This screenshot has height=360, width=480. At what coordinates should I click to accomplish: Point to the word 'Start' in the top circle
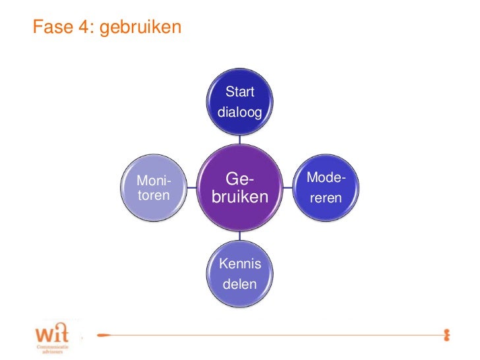240,92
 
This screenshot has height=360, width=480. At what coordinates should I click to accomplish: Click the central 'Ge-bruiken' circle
240,187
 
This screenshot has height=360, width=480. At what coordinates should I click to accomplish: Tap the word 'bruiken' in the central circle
240,197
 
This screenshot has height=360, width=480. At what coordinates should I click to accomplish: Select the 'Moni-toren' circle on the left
153,187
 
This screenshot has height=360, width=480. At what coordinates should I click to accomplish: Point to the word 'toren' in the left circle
153,195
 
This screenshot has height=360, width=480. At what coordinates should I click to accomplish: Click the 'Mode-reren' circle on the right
326,187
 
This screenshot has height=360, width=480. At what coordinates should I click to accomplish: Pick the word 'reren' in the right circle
326,196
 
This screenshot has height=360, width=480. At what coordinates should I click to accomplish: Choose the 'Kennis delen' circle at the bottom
240,274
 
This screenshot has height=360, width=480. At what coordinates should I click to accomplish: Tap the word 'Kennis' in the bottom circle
240,264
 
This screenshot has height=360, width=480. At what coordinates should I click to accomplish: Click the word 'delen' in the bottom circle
240,285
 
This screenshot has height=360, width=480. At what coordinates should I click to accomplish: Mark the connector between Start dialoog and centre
240,139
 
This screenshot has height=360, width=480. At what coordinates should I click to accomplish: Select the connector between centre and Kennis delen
240,235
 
